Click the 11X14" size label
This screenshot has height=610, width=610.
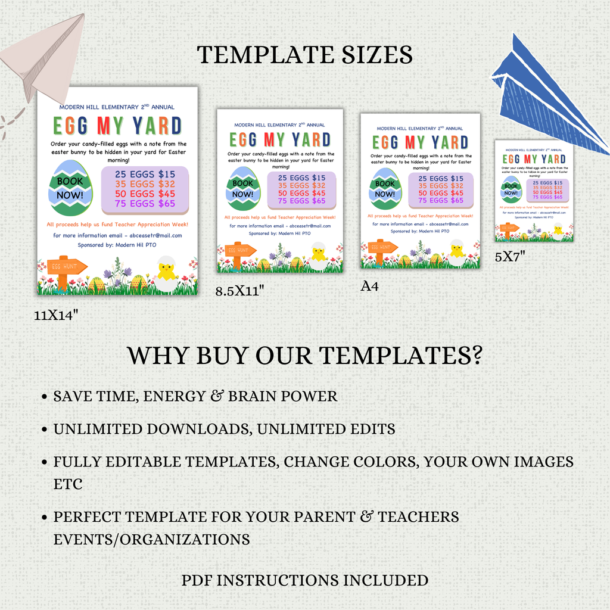[57, 315]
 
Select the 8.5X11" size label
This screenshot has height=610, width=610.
[239, 291]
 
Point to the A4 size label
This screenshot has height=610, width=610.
[369, 287]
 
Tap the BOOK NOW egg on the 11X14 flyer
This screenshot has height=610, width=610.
[70, 188]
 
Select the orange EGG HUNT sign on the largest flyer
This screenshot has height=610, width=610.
[65, 267]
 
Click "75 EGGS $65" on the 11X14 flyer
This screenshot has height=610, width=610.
[145, 204]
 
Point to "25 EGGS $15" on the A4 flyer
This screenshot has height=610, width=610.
[440, 178]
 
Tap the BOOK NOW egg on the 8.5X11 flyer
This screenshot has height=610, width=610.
[242, 189]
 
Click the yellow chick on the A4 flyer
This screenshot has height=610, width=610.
[456, 250]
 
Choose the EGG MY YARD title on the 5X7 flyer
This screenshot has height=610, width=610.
[534, 159]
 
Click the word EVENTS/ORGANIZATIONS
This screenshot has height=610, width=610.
[151, 540]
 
